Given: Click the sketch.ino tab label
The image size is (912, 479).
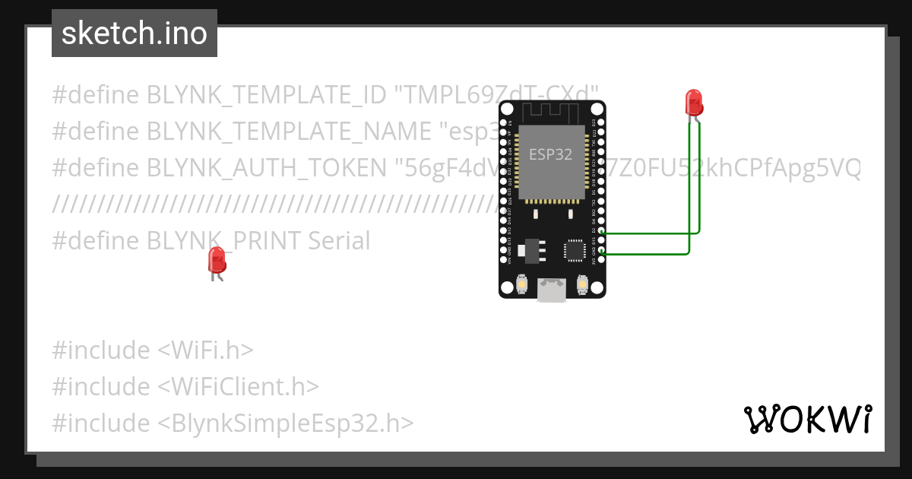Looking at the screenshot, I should pos(135,33).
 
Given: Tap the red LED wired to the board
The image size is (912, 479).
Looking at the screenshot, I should pos(693,102).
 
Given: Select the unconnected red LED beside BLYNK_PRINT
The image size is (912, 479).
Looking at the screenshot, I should pos(217,262).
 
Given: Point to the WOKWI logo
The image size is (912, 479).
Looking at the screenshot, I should pos(807,420).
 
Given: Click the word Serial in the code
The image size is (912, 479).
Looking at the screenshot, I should pos(339,241).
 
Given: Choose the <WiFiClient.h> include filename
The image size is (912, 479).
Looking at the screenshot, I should pos(238,387).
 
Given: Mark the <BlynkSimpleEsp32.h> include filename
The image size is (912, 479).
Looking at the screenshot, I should pos(286,423).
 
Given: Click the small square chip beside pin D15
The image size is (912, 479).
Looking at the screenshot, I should pos(575,250).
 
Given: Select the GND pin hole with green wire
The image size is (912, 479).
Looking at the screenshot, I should pos(601,250).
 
